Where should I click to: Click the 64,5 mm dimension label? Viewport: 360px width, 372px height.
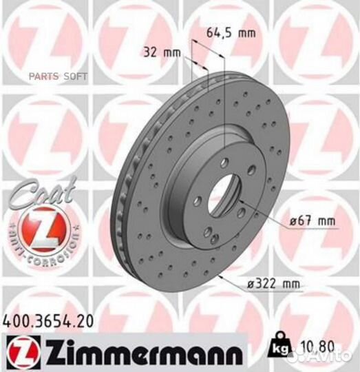(x=225, y=32)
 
